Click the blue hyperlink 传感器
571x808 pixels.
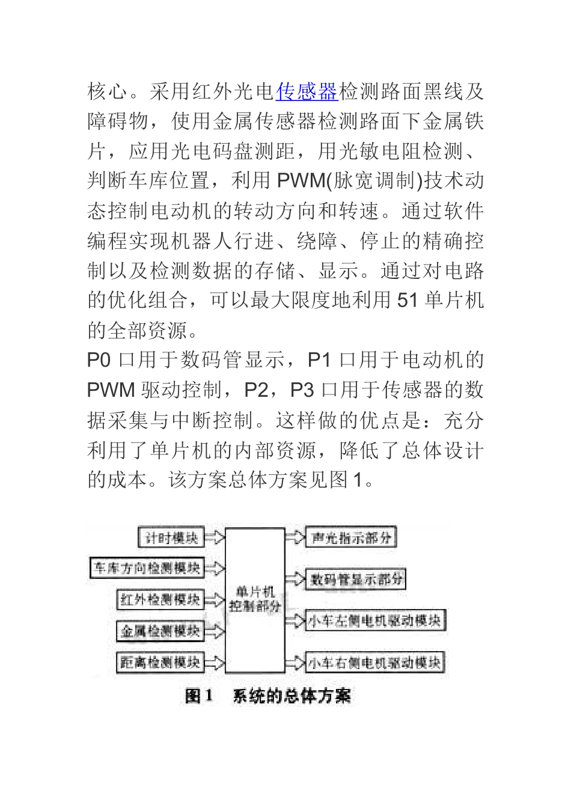(x=307, y=92)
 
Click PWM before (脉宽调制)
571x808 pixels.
(x=301, y=180)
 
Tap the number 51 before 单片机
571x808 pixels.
(x=407, y=299)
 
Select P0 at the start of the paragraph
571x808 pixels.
(x=99, y=360)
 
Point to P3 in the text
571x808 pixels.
(x=302, y=390)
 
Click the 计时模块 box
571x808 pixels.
(x=171, y=537)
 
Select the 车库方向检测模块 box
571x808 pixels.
(x=147, y=568)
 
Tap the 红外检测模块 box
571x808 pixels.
(x=160, y=599)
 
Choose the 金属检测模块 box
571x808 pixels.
(x=160, y=631)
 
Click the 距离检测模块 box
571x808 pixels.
(x=160, y=663)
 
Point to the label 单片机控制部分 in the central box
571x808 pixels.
(x=255, y=599)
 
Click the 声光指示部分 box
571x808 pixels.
(x=351, y=537)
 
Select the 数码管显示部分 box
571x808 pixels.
(x=356, y=579)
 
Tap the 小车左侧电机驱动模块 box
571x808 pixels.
(x=375, y=620)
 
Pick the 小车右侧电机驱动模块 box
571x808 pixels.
(x=375, y=663)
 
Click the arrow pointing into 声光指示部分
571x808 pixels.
(x=295, y=537)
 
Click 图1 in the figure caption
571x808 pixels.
(x=200, y=696)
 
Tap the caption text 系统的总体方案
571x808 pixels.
(x=292, y=696)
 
